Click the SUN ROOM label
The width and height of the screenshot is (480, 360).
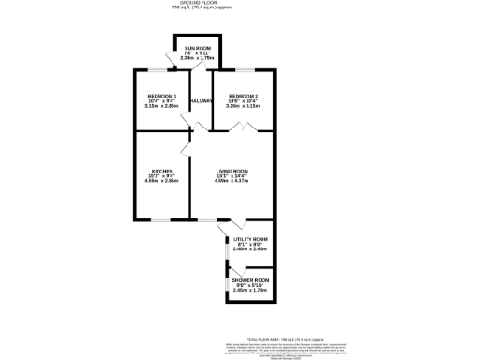coord(198,47)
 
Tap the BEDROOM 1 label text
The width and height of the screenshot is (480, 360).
coord(162,96)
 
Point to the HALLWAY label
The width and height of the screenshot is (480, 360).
coord(202,101)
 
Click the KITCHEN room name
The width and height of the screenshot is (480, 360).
coord(162,170)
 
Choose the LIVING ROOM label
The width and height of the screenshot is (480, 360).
coord(232,170)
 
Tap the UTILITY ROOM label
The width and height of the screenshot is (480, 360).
coord(250,239)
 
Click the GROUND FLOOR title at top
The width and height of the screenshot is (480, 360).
coord(240,3)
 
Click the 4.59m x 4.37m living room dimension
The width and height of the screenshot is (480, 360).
coord(232,181)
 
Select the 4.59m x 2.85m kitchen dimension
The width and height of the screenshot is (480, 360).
coord(162,181)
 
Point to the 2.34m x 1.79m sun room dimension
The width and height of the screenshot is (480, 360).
coord(198,58)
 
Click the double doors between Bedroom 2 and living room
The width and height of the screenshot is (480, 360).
coord(246,127)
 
